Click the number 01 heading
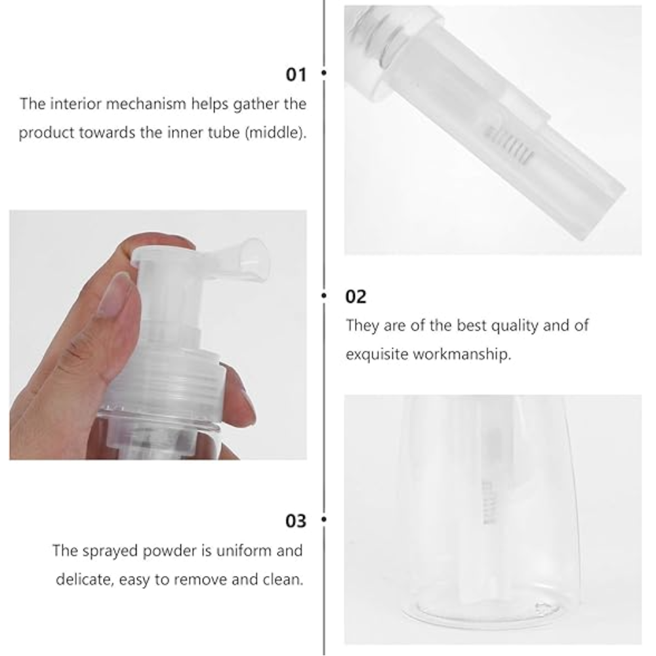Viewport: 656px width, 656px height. click(296, 75)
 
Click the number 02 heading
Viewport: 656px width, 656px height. click(356, 297)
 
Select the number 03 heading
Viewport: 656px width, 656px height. click(296, 521)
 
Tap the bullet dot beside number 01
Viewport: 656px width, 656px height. click(324, 73)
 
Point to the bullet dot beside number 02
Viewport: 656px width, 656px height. click(324, 295)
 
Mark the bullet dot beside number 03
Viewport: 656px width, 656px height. click(324, 519)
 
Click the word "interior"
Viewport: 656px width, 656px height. click(76, 104)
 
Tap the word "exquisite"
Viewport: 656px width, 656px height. click(377, 354)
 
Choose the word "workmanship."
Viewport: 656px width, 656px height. click(462, 354)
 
